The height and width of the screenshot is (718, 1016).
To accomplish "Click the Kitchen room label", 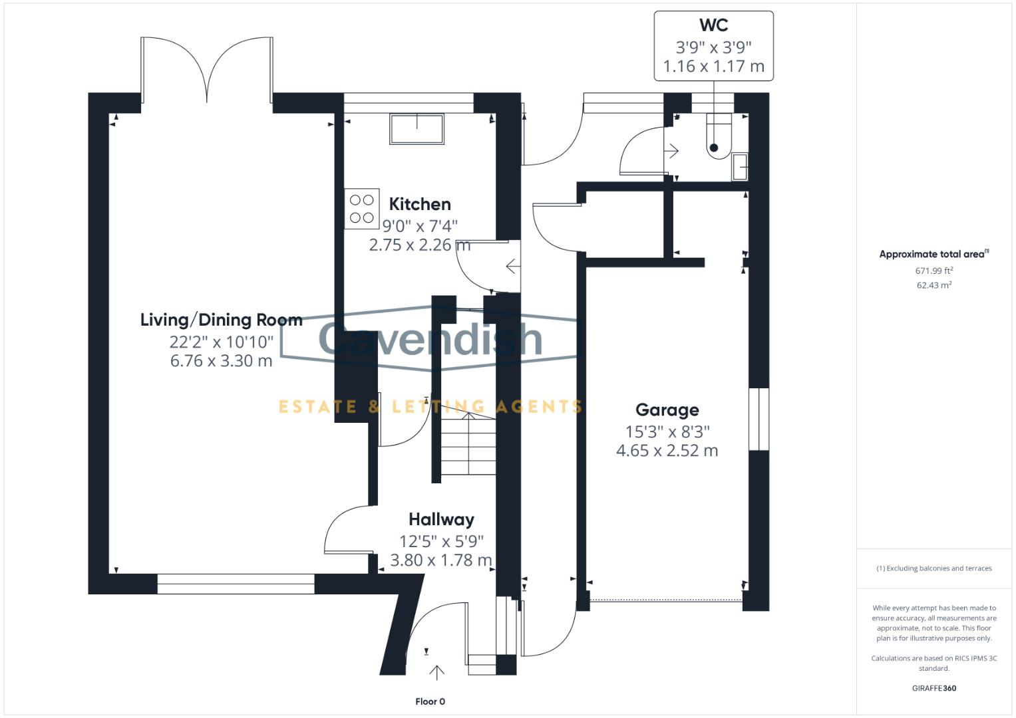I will tap(419, 204).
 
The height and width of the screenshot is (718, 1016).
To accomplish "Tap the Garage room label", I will tap(667, 410).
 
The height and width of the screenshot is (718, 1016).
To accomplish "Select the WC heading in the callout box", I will tap(713, 25).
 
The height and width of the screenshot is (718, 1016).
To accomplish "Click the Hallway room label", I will tap(441, 519).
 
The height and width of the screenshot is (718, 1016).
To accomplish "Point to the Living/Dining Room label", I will tap(221, 320).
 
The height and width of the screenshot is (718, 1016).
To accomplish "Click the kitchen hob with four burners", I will tap(362, 209).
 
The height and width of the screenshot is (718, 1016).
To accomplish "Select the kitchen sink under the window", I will tap(417, 129).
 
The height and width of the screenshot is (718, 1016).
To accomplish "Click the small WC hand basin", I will tap(740, 166).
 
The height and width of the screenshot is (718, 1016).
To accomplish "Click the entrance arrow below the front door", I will tap(436, 672).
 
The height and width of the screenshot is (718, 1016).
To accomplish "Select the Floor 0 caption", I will tap(430, 701).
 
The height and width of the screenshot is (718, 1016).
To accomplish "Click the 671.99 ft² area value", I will tap(933, 271).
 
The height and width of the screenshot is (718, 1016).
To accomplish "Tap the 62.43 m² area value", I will tap(933, 285).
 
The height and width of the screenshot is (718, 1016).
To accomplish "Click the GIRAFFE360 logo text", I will tap(933, 688).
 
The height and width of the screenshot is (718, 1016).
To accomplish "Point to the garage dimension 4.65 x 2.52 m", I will tap(667, 451).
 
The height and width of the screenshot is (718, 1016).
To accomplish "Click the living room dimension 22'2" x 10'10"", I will tap(221, 342).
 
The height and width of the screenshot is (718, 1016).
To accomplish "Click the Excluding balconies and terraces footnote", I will tap(933, 568).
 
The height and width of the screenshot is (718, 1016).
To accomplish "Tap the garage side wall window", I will tap(759, 419).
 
